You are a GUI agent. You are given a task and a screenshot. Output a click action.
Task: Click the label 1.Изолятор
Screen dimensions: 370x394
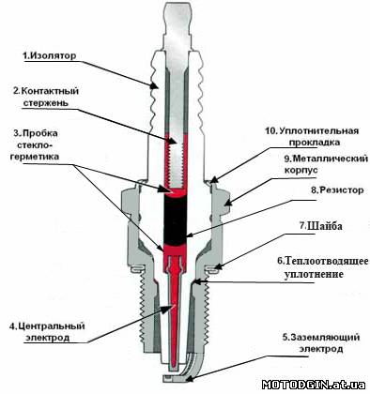(x=49, y=56)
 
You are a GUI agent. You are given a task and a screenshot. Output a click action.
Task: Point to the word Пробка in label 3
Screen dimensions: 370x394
(x=40, y=133)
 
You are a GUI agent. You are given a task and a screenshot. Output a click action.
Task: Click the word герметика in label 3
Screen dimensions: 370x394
(x=35, y=157)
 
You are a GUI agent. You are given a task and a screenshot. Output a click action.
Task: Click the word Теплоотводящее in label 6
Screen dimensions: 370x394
(x=327, y=261)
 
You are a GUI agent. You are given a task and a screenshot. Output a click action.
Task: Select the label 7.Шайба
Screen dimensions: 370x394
(x=321, y=226)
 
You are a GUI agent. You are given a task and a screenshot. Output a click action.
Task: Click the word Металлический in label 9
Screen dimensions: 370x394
(x=331, y=159)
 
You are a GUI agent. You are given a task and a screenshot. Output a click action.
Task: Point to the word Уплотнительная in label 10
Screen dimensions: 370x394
(x=318, y=130)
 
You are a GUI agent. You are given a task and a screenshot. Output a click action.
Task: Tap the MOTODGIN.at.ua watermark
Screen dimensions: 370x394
(x=314, y=385)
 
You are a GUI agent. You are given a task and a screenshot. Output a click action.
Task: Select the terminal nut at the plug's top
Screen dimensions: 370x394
(x=177, y=25)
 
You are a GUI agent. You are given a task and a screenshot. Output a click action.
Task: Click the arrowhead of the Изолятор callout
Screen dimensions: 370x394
(x=154, y=84)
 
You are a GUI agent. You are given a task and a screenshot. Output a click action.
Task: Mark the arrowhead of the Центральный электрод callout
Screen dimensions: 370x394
(x=170, y=308)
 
